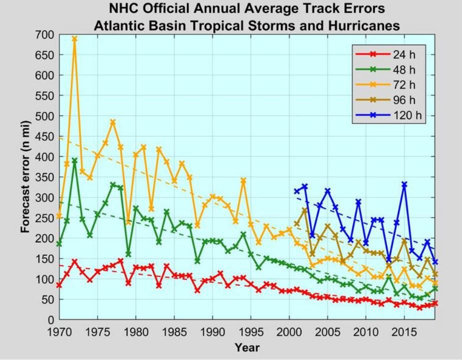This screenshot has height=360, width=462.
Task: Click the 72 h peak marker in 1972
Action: [74, 38]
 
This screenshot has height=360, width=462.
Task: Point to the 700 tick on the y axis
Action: [44, 34]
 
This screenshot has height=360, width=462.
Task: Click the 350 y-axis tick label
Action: [44, 177]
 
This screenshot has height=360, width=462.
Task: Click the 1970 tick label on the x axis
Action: [59, 331]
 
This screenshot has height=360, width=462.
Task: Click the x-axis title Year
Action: [247, 347]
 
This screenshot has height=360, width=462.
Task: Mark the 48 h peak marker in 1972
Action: [74, 160]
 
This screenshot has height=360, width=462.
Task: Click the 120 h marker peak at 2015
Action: [404, 184]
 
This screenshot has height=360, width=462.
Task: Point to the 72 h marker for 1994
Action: [243, 180]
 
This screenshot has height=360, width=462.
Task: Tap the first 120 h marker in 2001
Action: [297, 191]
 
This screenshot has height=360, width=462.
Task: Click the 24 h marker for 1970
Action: [59, 285]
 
